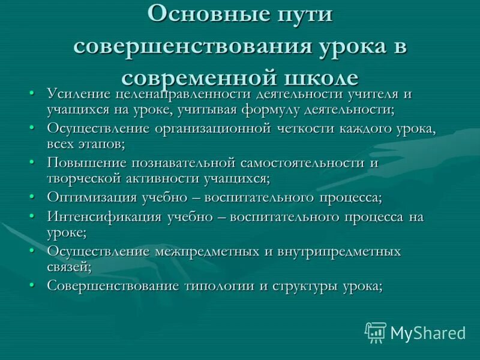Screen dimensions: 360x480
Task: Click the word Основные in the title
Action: tap(200, 14)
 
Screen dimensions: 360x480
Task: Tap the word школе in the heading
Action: tap(311, 79)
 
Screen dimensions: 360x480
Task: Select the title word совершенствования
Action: tap(191, 47)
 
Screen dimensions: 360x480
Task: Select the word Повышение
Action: tap(86, 163)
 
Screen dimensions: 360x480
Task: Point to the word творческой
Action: tap(88, 178)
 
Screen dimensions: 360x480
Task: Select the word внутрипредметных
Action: tap(339, 251)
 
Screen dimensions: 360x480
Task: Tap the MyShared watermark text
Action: tap(428, 332)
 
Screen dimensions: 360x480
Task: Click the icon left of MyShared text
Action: tap(376, 332)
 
